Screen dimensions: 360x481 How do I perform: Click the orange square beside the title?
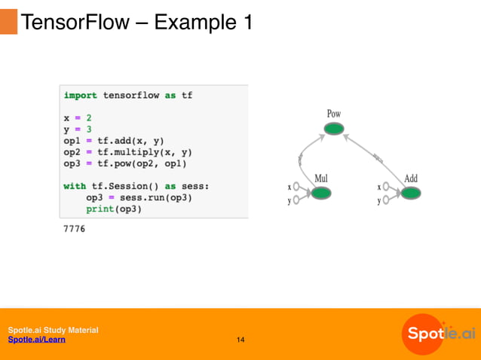pyautogui.click(x=8, y=22)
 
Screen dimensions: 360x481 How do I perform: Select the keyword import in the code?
pyautogui.click(x=80, y=96)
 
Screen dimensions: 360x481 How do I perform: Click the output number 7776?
pyautogui.click(x=74, y=228)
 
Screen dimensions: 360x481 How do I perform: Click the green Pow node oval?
pyautogui.click(x=333, y=129)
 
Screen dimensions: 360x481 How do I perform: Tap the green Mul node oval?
pyautogui.click(x=321, y=194)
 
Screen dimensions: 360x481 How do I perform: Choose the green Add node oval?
pyautogui.click(x=410, y=194)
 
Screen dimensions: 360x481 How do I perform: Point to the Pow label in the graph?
pyautogui.click(x=333, y=114)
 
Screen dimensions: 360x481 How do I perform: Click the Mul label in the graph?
pyautogui.click(x=321, y=178)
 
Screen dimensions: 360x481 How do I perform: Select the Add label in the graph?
pyautogui.click(x=411, y=178)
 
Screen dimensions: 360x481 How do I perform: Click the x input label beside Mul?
pyautogui.click(x=290, y=186)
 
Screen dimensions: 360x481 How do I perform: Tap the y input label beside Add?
pyautogui.click(x=379, y=200)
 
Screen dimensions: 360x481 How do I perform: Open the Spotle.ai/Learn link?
pyautogui.click(x=36, y=340)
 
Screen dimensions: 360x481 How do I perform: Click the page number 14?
pyautogui.click(x=240, y=340)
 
